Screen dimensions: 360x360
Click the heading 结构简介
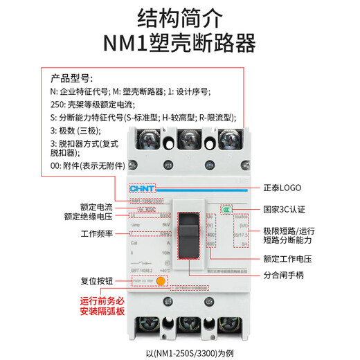(179, 17)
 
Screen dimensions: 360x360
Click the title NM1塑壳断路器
(179, 44)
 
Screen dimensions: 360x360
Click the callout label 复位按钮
(98, 282)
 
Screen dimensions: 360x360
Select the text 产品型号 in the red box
(71, 78)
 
